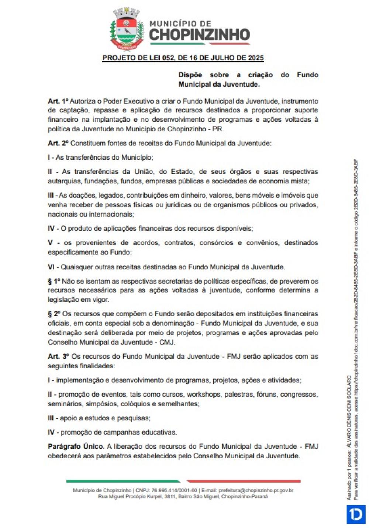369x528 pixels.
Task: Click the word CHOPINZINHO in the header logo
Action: click(199, 35)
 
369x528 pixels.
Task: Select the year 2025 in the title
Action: click(256, 58)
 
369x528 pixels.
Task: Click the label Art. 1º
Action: click(58, 101)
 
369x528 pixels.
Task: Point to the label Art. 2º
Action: click(58, 143)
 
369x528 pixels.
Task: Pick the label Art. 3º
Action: click(58, 356)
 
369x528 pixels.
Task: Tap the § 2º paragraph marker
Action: click(54, 314)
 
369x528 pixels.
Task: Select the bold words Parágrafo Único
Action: click(76, 446)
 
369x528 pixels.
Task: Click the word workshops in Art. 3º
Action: click(204, 394)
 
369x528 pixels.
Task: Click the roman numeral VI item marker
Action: click(51, 267)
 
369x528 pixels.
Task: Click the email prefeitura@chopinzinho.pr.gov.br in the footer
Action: click(256, 490)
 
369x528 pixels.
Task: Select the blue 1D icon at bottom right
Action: click(356, 514)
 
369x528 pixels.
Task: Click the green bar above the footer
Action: click(123, 481)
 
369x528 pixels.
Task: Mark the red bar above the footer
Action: click(244, 481)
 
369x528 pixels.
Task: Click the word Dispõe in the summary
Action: click(190, 75)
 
